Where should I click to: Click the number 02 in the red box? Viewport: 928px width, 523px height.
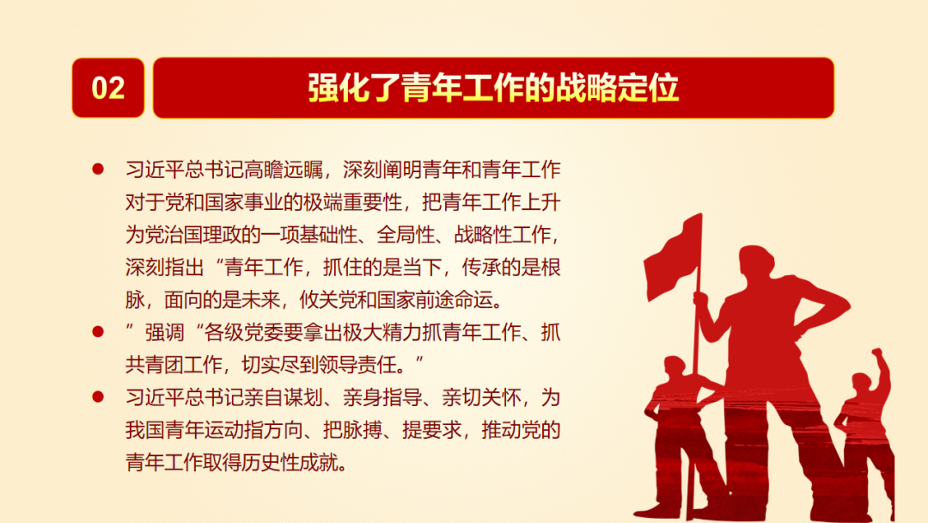pos(108,89)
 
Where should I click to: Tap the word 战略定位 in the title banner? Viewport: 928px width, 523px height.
pos(617,89)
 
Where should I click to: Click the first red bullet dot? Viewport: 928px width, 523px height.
pos(98,169)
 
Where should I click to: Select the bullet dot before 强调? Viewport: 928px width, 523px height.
pos(98,332)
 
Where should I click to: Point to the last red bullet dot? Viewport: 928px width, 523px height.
pos(98,397)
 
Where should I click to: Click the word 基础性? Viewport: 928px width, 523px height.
pos(328,235)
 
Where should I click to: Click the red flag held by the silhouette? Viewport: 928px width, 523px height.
pos(672,258)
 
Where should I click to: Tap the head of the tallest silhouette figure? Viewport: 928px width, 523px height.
pos(756,261)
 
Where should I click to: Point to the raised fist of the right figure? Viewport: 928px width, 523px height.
pos(877,354)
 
